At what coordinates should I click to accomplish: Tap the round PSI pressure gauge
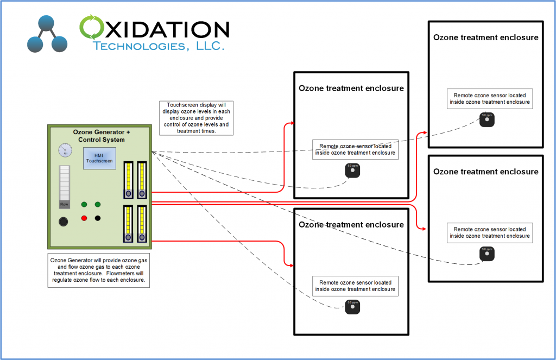click(65, 150)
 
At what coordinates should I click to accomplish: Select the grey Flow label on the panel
click(65, 204)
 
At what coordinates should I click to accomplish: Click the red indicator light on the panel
click(84, 218)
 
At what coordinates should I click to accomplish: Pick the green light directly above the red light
click(84, 204)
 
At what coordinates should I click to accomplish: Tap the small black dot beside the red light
click(98, 218)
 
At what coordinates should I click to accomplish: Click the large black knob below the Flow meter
click(64, 222)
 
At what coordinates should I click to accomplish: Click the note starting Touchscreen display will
click(194, 118)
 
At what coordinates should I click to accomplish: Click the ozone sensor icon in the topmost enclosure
click(487, 119)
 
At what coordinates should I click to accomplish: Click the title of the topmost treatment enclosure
click(485, 37)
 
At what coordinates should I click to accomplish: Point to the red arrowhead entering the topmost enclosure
click(425, 132)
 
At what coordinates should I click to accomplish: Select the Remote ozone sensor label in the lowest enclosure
click(355, 286)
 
